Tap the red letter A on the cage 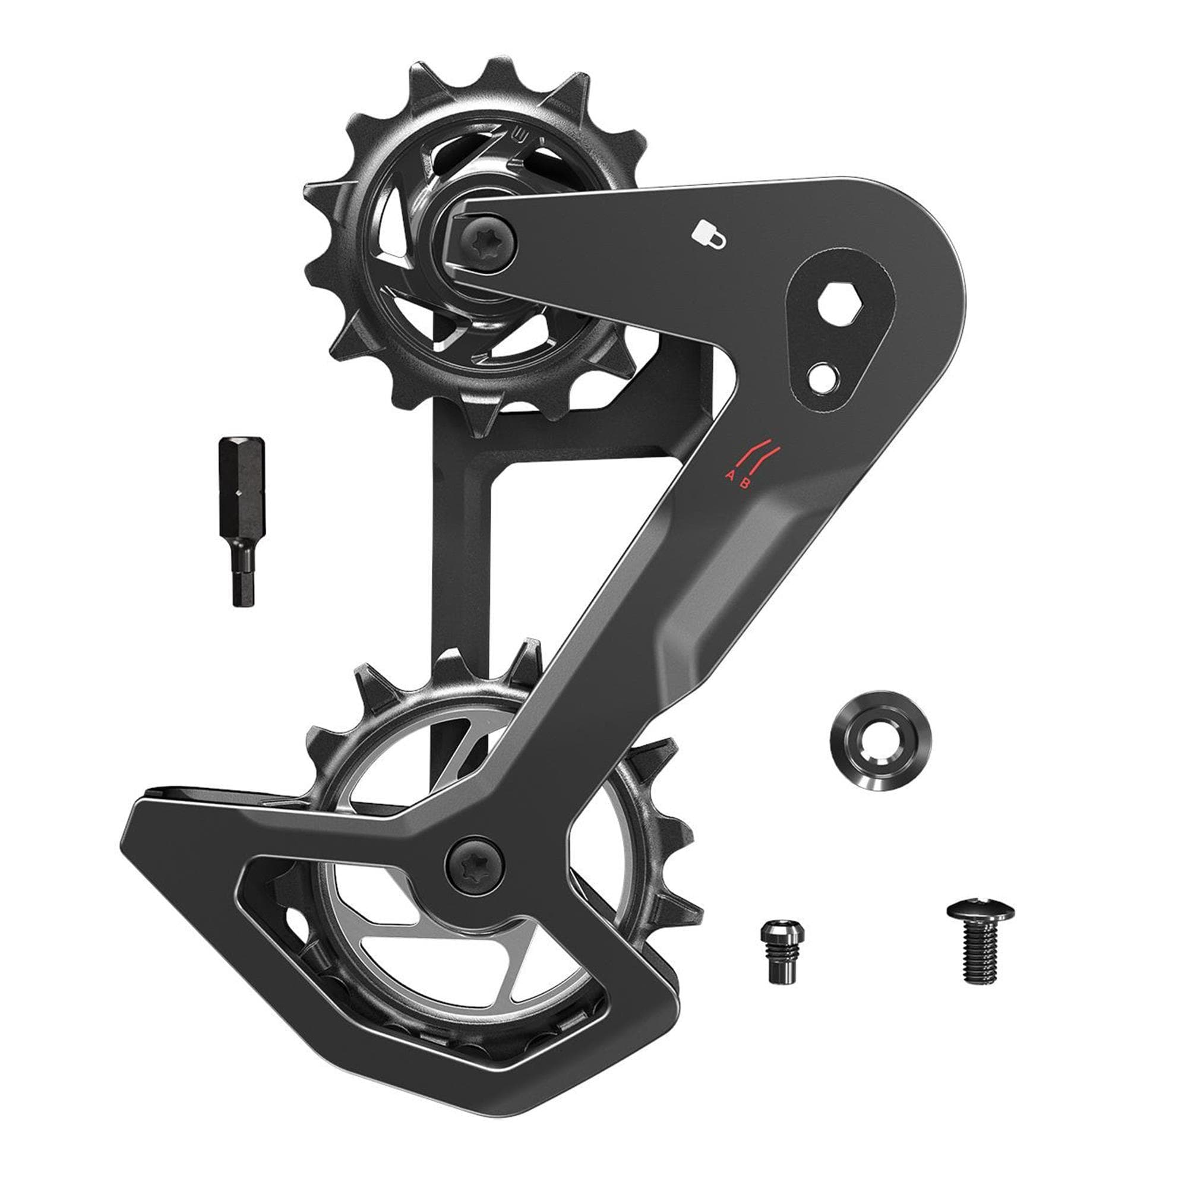click(x=731, y=474)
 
